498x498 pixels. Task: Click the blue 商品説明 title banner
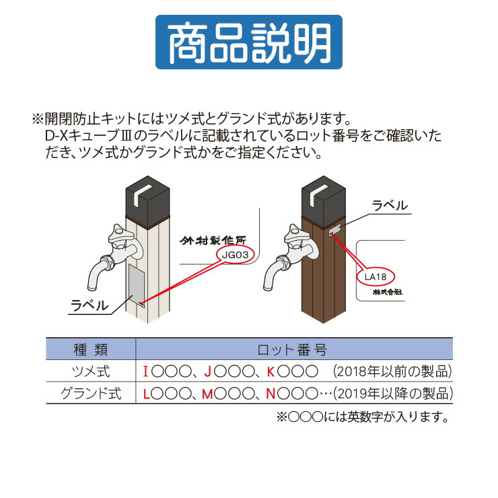click(248, 42)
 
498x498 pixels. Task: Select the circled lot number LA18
click(375, 277)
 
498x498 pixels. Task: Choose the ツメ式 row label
click(90, 371)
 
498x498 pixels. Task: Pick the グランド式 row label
click(90, 393)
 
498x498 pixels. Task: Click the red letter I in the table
click(146, 371)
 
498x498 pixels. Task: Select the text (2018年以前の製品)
click(391, 371)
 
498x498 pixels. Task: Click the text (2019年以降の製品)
click(391, 393)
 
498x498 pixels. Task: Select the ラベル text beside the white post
click(90, 306)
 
